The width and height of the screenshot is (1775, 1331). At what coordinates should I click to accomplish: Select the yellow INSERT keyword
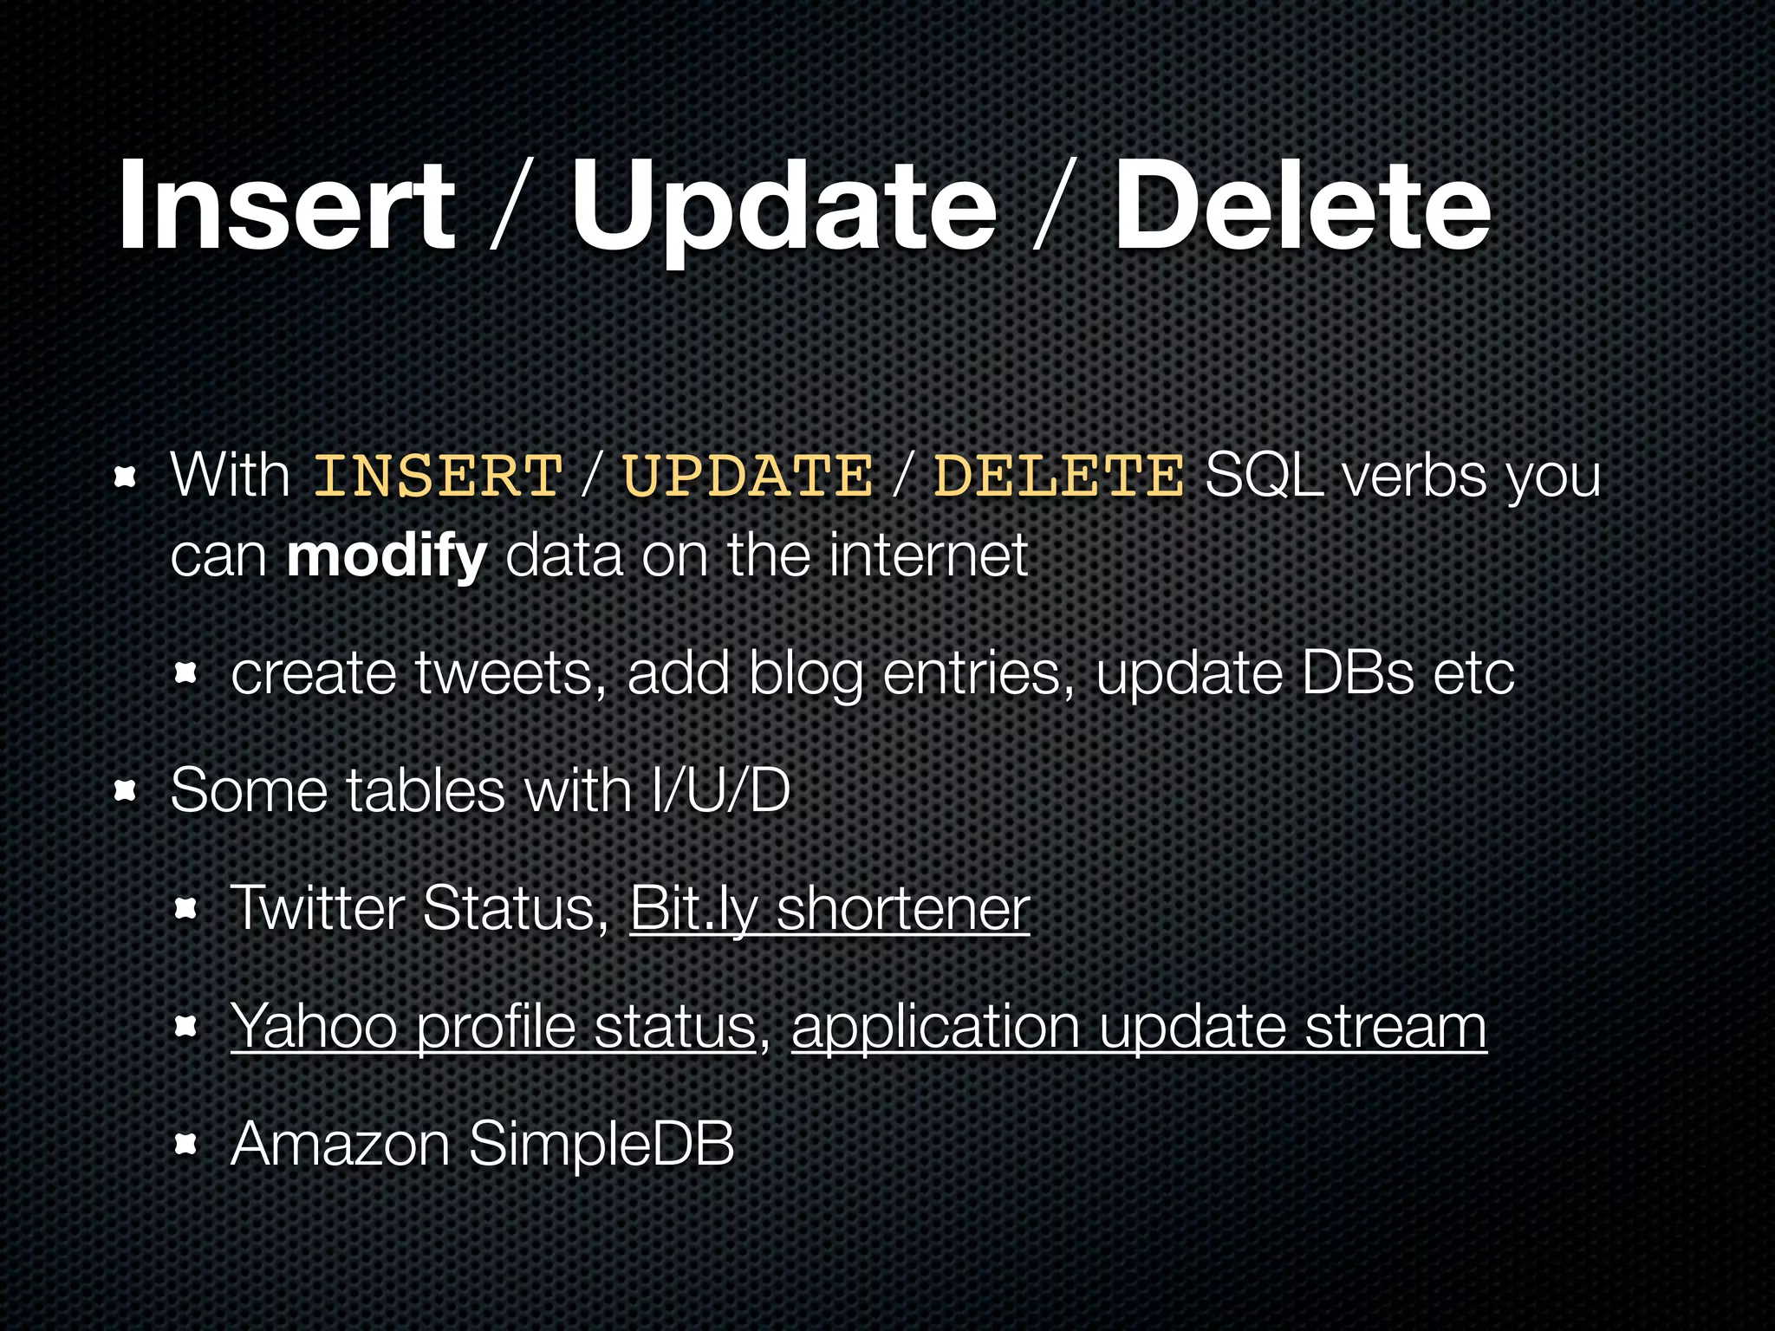tap(438, 477)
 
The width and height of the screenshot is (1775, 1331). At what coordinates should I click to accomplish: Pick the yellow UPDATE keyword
tap(747, 477)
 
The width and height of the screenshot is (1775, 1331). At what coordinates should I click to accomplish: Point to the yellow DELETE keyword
tap(1058, 477)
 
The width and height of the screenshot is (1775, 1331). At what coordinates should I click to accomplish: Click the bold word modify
tap(387, 556)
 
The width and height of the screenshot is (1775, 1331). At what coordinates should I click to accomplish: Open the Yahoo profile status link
tap(493, 1026)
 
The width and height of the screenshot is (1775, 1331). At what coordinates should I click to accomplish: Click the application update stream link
tap(1139, 1026)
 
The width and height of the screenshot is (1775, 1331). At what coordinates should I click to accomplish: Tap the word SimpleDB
tap(601, 1144)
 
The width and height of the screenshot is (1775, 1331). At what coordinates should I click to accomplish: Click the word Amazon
tap(340, 1144)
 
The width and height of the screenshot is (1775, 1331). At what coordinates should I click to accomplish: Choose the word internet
tap(928, 556)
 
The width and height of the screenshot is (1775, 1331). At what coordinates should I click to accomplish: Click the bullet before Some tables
tap(127, 790)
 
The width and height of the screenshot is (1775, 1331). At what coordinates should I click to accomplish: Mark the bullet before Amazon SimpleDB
tap(185, 1146)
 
